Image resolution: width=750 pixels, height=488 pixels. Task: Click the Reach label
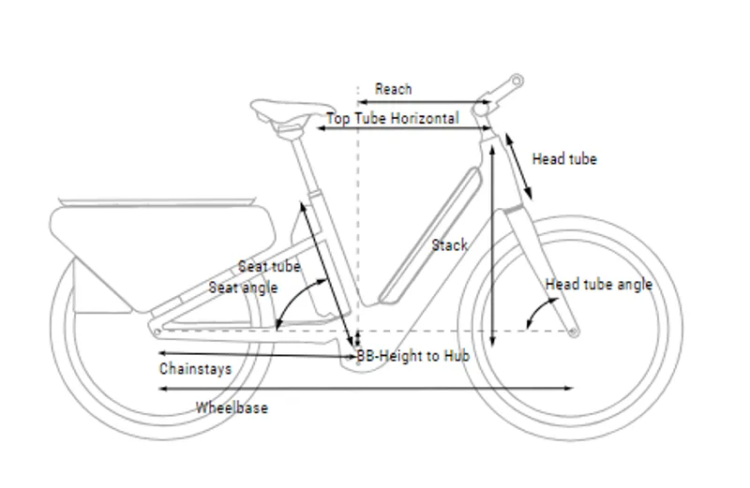point(393,89)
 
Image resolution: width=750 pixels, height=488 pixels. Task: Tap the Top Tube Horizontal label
point(392,119)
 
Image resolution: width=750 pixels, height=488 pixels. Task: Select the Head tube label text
point(564,159)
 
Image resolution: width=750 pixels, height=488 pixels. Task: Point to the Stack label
point(449,245)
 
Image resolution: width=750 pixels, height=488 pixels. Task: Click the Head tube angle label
point(599,284)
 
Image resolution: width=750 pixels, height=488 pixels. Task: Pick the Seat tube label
point(269,266)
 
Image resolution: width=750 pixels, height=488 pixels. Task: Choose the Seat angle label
point(243,288)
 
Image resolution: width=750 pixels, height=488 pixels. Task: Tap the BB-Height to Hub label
point(412,357)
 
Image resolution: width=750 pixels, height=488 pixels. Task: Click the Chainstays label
point(195,368)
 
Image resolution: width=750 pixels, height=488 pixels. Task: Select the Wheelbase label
point(232,407)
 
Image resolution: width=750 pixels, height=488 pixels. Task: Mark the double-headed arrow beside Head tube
point(519,166)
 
